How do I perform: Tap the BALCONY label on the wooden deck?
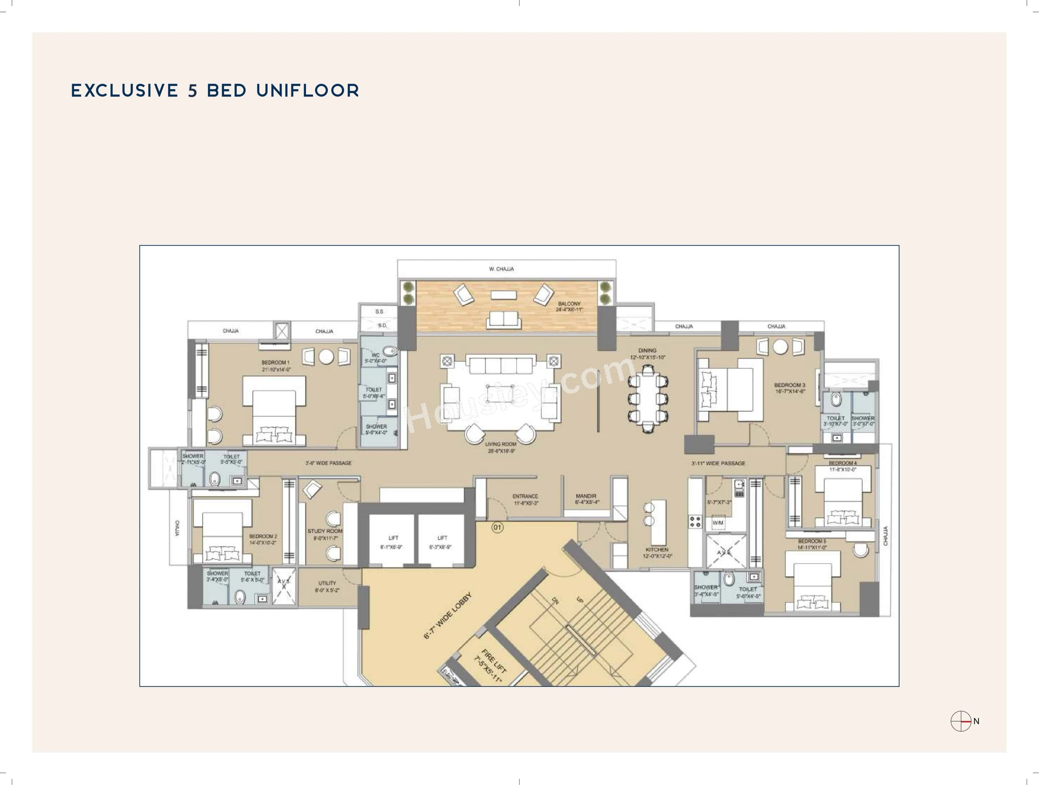coord(569,304)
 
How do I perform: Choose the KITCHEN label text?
coord(657,549)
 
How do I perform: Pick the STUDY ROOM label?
coord(325,531)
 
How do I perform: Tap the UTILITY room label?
coord(327,583)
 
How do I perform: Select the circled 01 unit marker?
coord(497,527)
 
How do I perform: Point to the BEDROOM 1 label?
coord(276,362)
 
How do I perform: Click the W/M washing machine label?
coord(718,523)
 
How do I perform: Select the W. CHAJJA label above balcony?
coord(501,269)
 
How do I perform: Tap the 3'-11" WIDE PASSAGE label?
coord(718,463)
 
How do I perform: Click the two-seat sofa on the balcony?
coord(504,319)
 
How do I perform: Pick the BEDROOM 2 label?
coord(263,536)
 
